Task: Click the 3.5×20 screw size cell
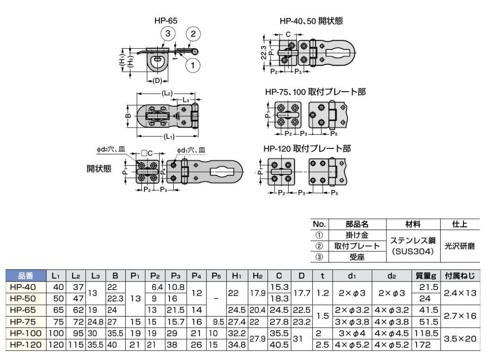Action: (458, 339)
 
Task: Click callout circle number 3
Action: (168, 34)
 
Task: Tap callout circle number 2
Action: (193, 34)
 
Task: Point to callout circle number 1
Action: (193, 64)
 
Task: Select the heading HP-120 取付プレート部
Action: (307, 148)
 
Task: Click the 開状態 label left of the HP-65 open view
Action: (99, 169)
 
